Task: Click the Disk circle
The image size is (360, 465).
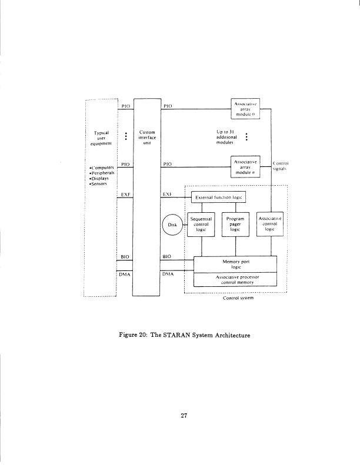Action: [x=172, y=224]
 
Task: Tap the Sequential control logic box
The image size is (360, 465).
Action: [x=202, y=224]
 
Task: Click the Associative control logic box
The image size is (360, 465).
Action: [x=270, y=224]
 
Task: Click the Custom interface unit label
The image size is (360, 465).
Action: [x=147, y=138]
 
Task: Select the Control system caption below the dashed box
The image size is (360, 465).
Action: [x=238, y=299]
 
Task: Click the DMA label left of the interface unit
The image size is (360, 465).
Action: [x=125, y=274]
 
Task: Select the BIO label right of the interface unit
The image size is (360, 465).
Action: [x=166, y=257]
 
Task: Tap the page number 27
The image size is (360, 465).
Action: [x=184, y=416]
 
